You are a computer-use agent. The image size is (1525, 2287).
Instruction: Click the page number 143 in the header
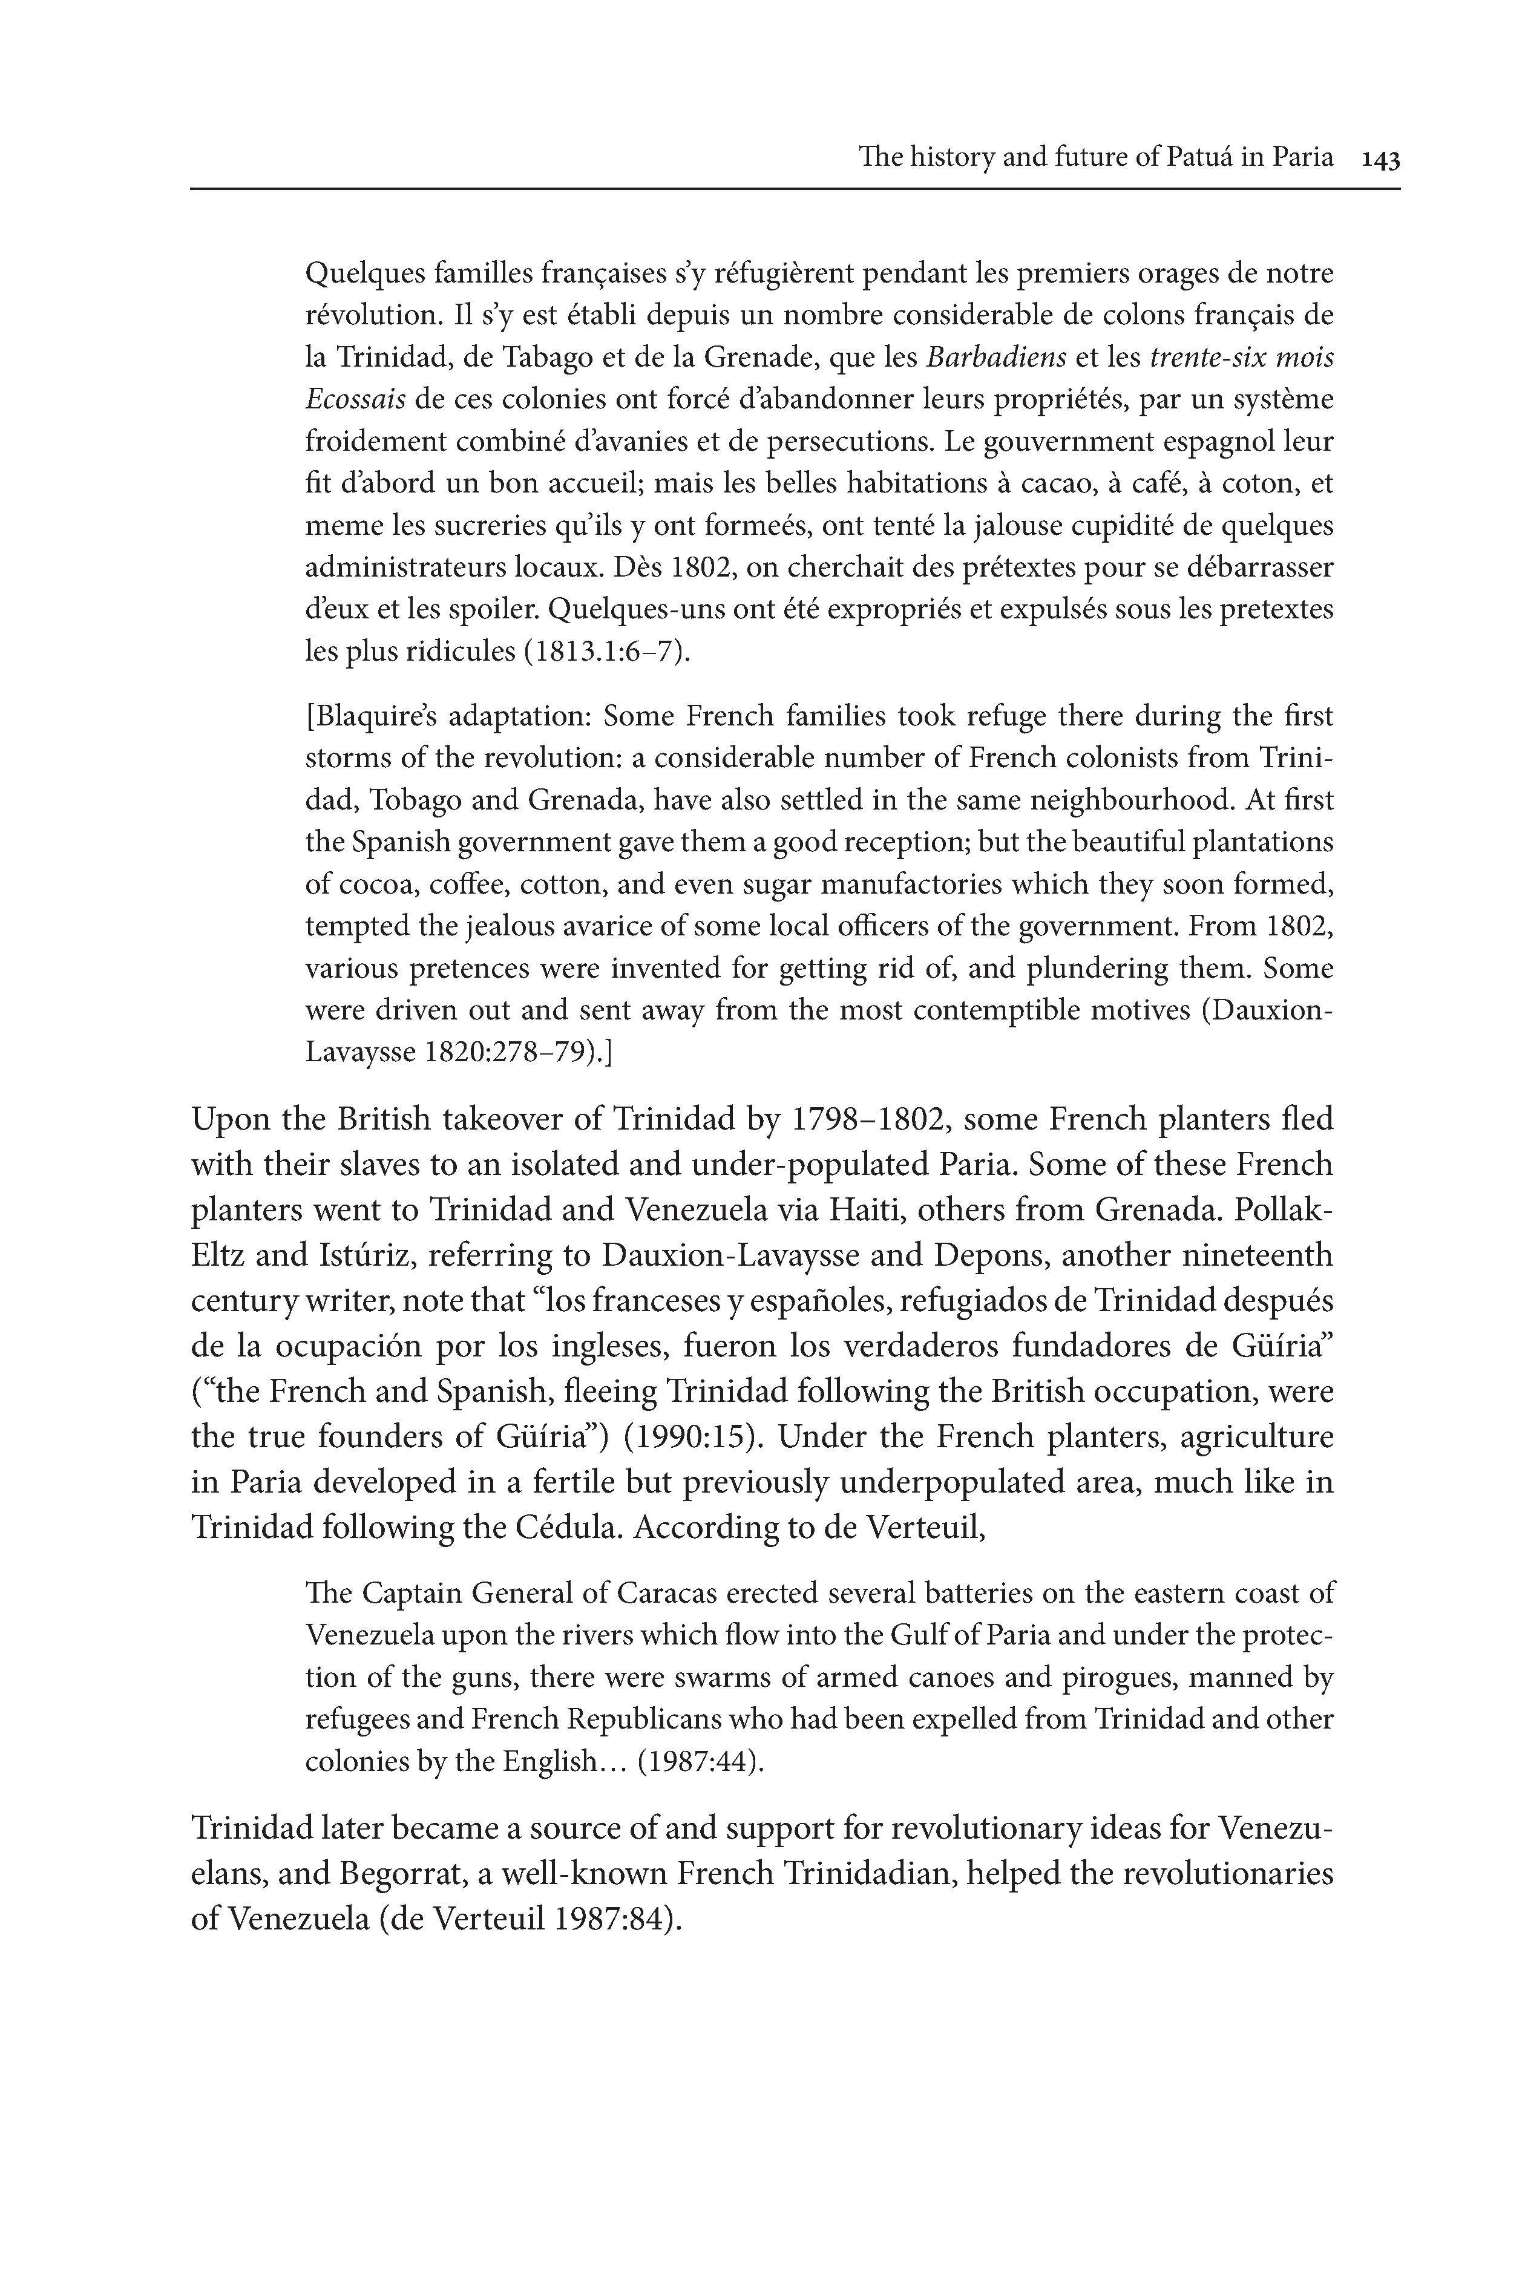click(x=1380, y=159)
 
